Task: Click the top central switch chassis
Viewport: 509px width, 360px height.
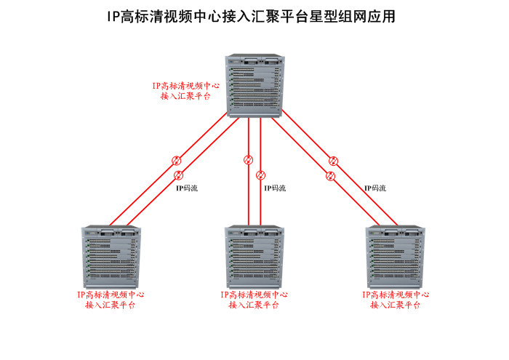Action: click(x=254, y=86)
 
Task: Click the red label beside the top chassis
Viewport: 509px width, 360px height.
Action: click(x=185, y=90)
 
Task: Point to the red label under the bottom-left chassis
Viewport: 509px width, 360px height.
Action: click(x=111, y=300)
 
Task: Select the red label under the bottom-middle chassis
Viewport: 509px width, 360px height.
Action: click(x=254, y=300)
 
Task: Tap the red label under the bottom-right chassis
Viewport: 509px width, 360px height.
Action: click(x=396, y=300)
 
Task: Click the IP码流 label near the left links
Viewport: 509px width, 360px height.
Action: click(x=186, y=188)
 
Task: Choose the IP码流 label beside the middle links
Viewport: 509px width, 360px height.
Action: click(x=274, y=188)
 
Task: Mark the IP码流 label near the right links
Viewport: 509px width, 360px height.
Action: click(x=375, y=188)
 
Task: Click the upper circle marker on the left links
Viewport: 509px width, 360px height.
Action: click(x=175, y=161)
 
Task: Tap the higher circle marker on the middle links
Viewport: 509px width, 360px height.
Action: click(x=248, y=160)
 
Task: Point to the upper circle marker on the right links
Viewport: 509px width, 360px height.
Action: click(x=333, y=161)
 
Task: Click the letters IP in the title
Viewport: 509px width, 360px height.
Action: click(x=113, y=17)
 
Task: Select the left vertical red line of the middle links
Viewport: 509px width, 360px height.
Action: click(x=248, y=196)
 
